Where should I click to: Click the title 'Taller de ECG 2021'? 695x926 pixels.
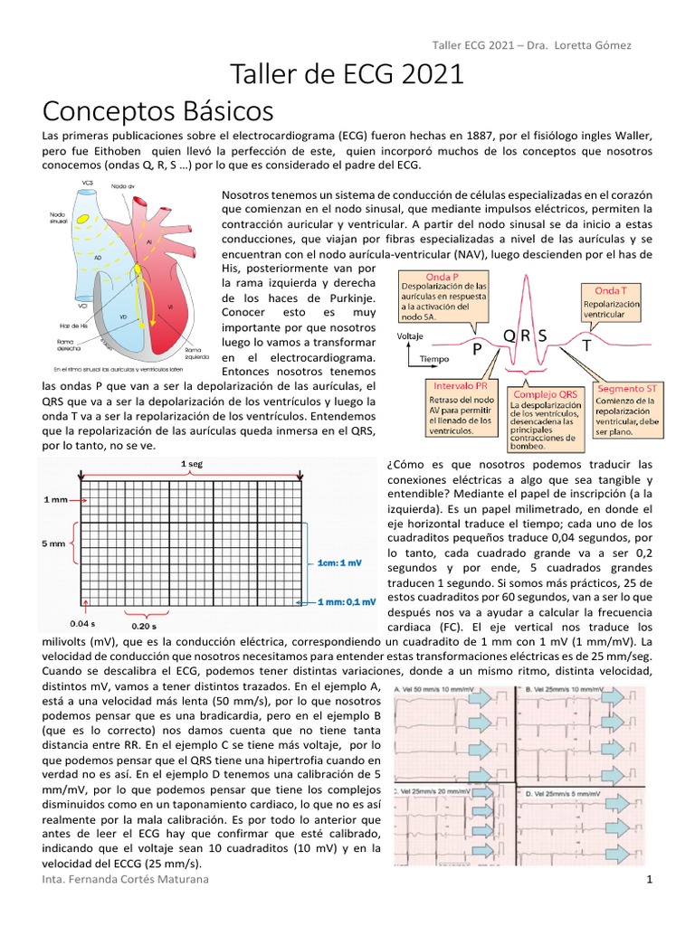[x=347, y=75]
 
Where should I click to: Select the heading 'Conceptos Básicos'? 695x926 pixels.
[x=158, y=111]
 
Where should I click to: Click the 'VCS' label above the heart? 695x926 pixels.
[x=87, y=183]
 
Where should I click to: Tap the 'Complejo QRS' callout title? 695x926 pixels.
[x=546, y=394]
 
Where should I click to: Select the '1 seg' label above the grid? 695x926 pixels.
[x=191, y=464]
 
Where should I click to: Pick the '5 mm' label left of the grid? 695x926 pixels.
[x=53, y=543]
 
